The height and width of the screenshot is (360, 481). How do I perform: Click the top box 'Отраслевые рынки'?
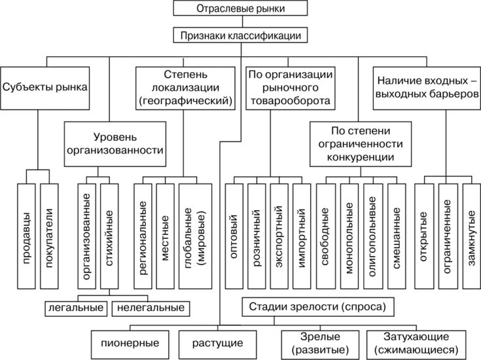coord(241,9)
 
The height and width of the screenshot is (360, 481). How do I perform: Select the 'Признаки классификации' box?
coord(241,35)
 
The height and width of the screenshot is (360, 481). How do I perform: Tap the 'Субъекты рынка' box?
coord(45,87)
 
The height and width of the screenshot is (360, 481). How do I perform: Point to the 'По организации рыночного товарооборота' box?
coord(289,87)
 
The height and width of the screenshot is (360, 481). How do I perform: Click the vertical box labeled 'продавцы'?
coord(26,236)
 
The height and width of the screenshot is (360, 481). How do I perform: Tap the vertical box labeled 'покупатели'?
coord(50,236)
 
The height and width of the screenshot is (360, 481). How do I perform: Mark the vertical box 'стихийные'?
coord(111,236)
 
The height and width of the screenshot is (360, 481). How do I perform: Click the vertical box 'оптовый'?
coord(235,236)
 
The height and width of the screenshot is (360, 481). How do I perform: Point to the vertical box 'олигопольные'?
coord(371,236)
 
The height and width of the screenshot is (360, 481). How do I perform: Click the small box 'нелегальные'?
coord(150,307)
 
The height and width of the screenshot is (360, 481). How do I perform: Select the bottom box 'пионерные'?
coord(132,342)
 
